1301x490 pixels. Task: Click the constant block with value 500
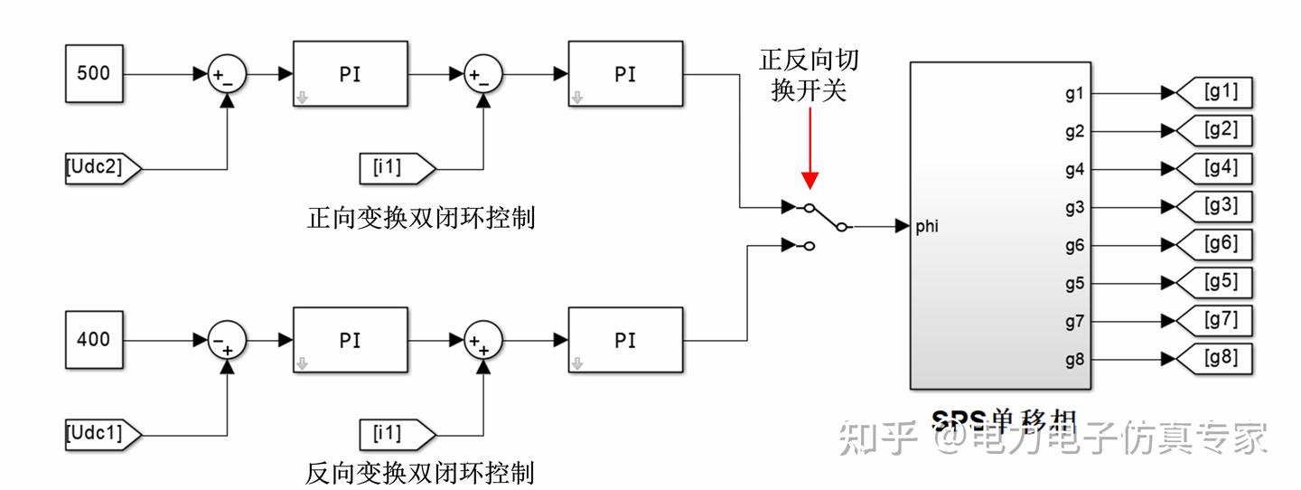point(94,74)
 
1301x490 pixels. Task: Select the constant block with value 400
point(94,341)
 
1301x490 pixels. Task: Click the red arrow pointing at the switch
point(810,148)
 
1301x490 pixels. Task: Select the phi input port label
point(926,226)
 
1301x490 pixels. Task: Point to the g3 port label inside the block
point(1073,208)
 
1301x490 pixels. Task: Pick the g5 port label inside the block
point(1073,284)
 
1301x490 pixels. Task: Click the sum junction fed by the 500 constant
point(227,75)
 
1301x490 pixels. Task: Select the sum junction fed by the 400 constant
point(227,341)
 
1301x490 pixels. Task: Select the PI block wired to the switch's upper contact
point(624,75)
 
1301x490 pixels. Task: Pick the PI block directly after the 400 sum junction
point(350,341)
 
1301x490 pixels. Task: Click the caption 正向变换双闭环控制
point(420,218)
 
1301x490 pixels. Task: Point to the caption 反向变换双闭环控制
point(420,473)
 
